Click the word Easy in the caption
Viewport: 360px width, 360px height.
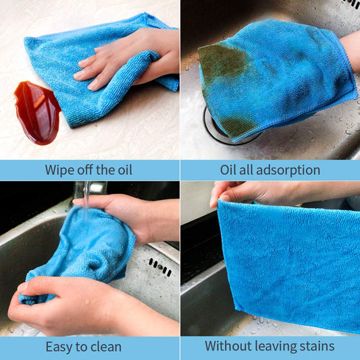point(59,347)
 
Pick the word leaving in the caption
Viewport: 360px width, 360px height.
point(276,347)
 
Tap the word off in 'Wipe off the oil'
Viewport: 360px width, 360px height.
point(89,170)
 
